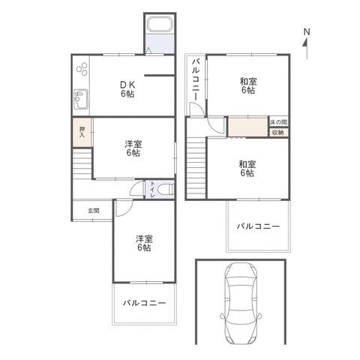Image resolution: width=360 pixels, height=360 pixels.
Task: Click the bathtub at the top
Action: [160, 25]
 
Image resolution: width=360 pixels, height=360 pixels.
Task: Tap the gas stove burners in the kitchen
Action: [82, 69]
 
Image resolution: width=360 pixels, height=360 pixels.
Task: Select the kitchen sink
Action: [81, 99]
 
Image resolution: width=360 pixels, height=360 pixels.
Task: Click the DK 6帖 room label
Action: [128, 89]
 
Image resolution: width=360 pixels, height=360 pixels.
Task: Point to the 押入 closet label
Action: [82, 132]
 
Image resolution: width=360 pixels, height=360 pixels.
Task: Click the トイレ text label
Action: [152, 189]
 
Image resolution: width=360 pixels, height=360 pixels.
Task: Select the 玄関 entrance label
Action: [93, 211]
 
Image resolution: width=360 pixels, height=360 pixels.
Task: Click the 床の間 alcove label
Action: [279, 122]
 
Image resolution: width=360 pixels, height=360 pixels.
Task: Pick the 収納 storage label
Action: [277, 133]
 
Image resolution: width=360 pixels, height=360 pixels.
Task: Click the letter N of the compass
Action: [307, 31]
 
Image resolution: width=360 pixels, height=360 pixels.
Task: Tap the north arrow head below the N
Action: [305, 43]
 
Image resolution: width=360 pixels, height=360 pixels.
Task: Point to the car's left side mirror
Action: [222, 316]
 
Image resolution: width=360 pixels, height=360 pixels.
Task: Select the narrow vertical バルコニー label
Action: [196, 79]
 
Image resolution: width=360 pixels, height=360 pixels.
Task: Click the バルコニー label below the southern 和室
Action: [258, 226]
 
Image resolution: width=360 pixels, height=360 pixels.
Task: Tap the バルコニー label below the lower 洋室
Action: [144, 303]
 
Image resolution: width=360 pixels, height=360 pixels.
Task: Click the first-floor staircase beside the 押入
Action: [82, 163]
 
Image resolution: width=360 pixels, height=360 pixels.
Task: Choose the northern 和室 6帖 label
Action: [248, 85]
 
